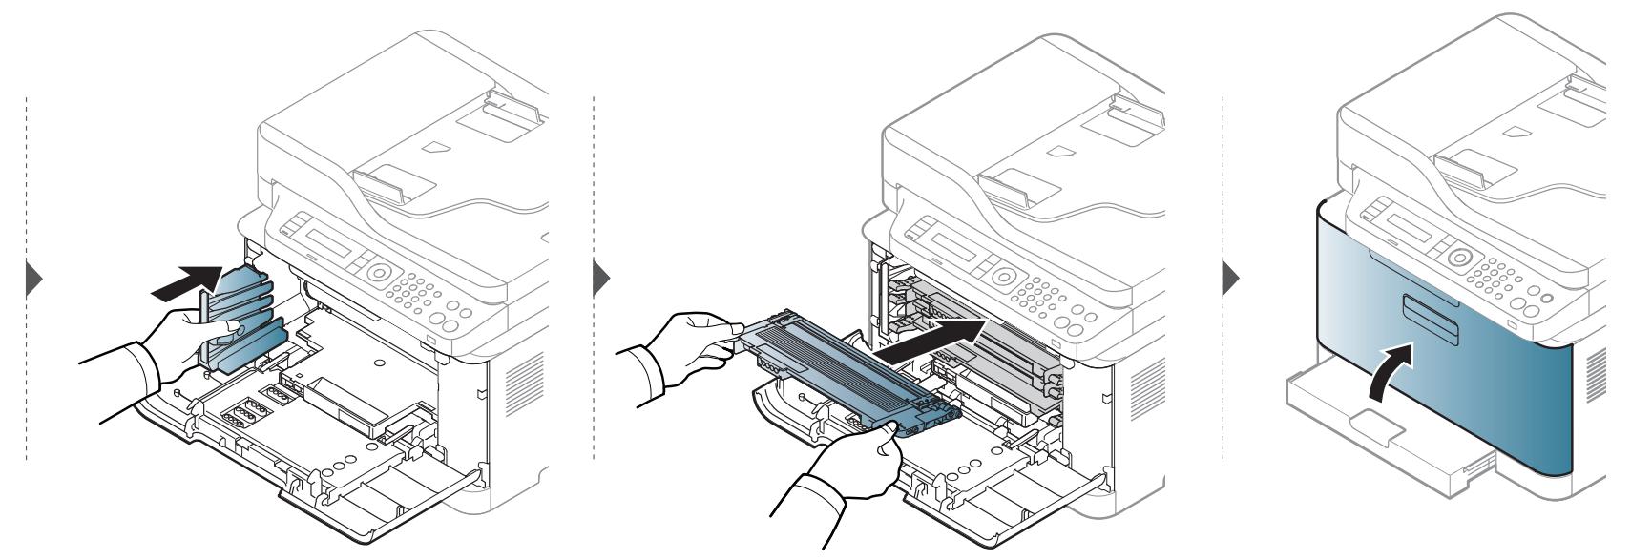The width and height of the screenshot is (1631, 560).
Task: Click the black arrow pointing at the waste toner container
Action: pyautogui.click(x=180, y=283)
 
